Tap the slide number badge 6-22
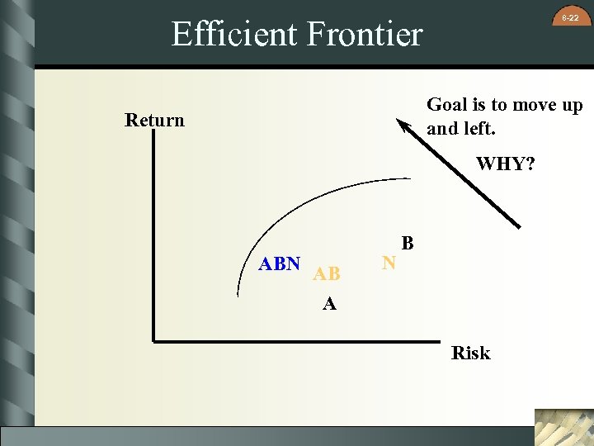click(x=570, y=17)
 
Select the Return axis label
click(x=154, y=121)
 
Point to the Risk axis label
click(x=470, y=353)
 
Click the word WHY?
click(x=505, y=164)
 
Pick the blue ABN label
click(x=279, y=264)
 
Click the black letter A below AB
click(x=329, y=304)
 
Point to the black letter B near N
click(x=408, y=244)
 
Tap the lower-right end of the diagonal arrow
click(x=520, y=226)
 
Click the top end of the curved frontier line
click(x=410, y=178)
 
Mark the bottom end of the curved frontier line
click(x=238, y=294)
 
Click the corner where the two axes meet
click(x=154, y=339)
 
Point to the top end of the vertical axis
click(x=154, y=133)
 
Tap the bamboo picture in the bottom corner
click(x=563, y=427)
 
